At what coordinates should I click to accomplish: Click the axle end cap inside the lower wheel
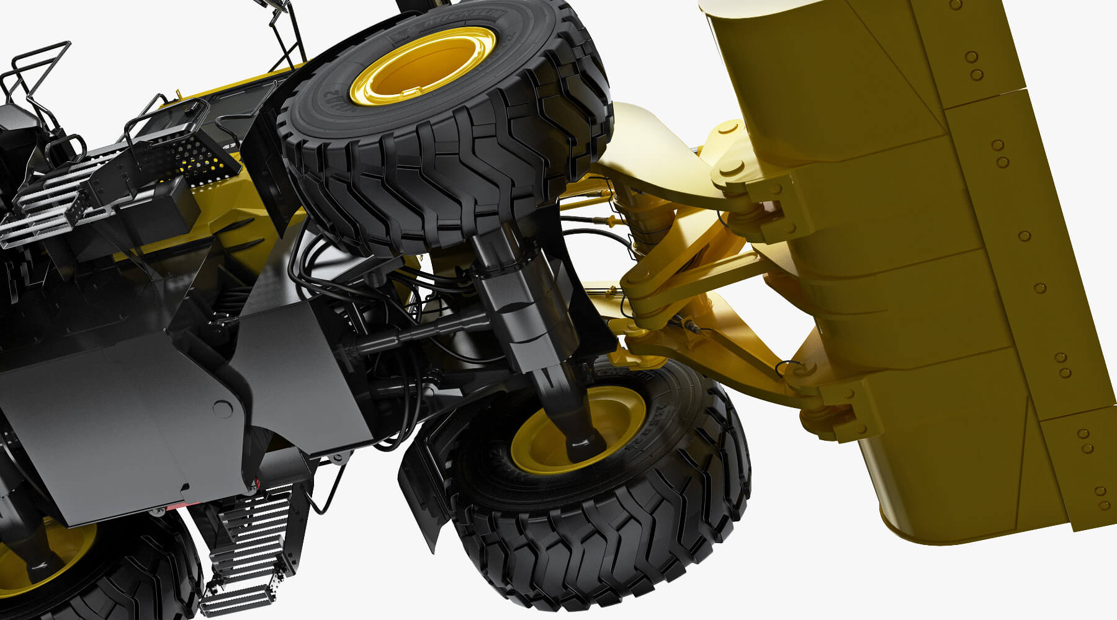tap(586, 443)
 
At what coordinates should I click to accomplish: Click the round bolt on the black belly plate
tap(222, 408)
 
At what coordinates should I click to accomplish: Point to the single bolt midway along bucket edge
tap(1024, 236)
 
